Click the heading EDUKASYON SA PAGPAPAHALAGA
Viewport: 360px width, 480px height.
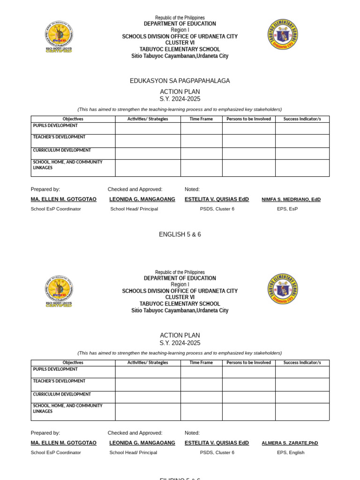[x=180, y=81]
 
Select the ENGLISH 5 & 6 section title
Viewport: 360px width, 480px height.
[x=180, y=234]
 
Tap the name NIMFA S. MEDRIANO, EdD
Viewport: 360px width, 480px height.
[x=291, y=199]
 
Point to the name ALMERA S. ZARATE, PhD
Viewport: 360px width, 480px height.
[x=290, y=443]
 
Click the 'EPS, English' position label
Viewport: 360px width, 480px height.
[x=290, y=453]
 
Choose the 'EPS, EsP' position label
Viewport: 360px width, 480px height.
[x=287, y=209]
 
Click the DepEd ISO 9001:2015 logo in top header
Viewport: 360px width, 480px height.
[x=59, y=37]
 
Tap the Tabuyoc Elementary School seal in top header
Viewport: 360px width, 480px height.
[x=283, y=34]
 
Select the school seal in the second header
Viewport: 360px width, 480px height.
[x=283, y=289]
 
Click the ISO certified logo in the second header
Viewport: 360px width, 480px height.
[x=59, y=291]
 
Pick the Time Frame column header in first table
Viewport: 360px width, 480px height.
[x=201, y=119]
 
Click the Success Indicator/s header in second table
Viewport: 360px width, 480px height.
[x=302, y=363]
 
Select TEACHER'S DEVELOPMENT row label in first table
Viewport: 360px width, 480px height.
[x=59, y=137]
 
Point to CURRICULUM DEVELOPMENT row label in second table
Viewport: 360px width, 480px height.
[x=62, y=395]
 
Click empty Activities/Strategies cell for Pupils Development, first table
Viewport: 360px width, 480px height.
[x=148, y=128]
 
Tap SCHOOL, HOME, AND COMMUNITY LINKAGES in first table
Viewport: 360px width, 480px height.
[x=67, y=165]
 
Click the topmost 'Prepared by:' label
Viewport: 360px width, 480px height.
[x=45, y=189]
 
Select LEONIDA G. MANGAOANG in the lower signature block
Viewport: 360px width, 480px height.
[x=142, y=443]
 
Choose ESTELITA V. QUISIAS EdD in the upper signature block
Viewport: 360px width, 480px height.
[x=217, y=199]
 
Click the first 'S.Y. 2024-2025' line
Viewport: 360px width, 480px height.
[x=180, y=99]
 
